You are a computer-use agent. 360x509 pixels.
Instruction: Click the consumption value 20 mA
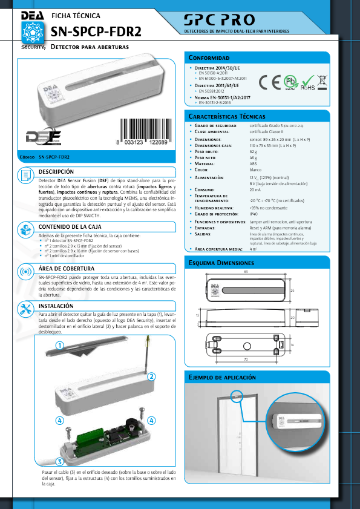point(255,189)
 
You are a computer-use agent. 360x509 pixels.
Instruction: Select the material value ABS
point(253,163)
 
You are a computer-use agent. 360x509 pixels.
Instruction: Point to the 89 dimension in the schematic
point(246,272)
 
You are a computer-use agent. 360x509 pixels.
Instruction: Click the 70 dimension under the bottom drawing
point(246,360)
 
